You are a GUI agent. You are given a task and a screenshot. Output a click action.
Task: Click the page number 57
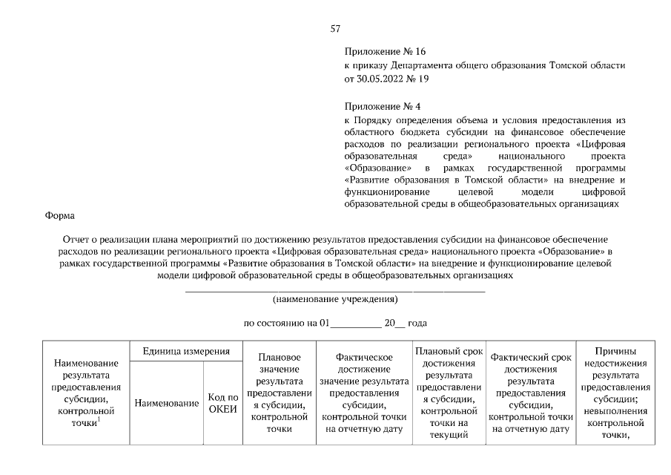335,29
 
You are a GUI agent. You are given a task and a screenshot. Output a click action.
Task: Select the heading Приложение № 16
385,52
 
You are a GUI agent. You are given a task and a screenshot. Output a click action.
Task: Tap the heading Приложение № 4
383,107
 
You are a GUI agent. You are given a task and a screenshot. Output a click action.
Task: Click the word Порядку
374,120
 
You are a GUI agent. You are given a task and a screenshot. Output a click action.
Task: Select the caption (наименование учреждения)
335,300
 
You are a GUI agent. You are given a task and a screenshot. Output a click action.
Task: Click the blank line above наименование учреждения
335,291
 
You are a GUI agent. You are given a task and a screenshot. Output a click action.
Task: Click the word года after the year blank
418,324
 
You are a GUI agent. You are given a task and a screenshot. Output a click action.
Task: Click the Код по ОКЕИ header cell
222,403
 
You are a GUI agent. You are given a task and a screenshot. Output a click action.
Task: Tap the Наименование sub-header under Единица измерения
166,403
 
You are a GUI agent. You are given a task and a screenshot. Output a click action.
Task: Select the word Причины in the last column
615,351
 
